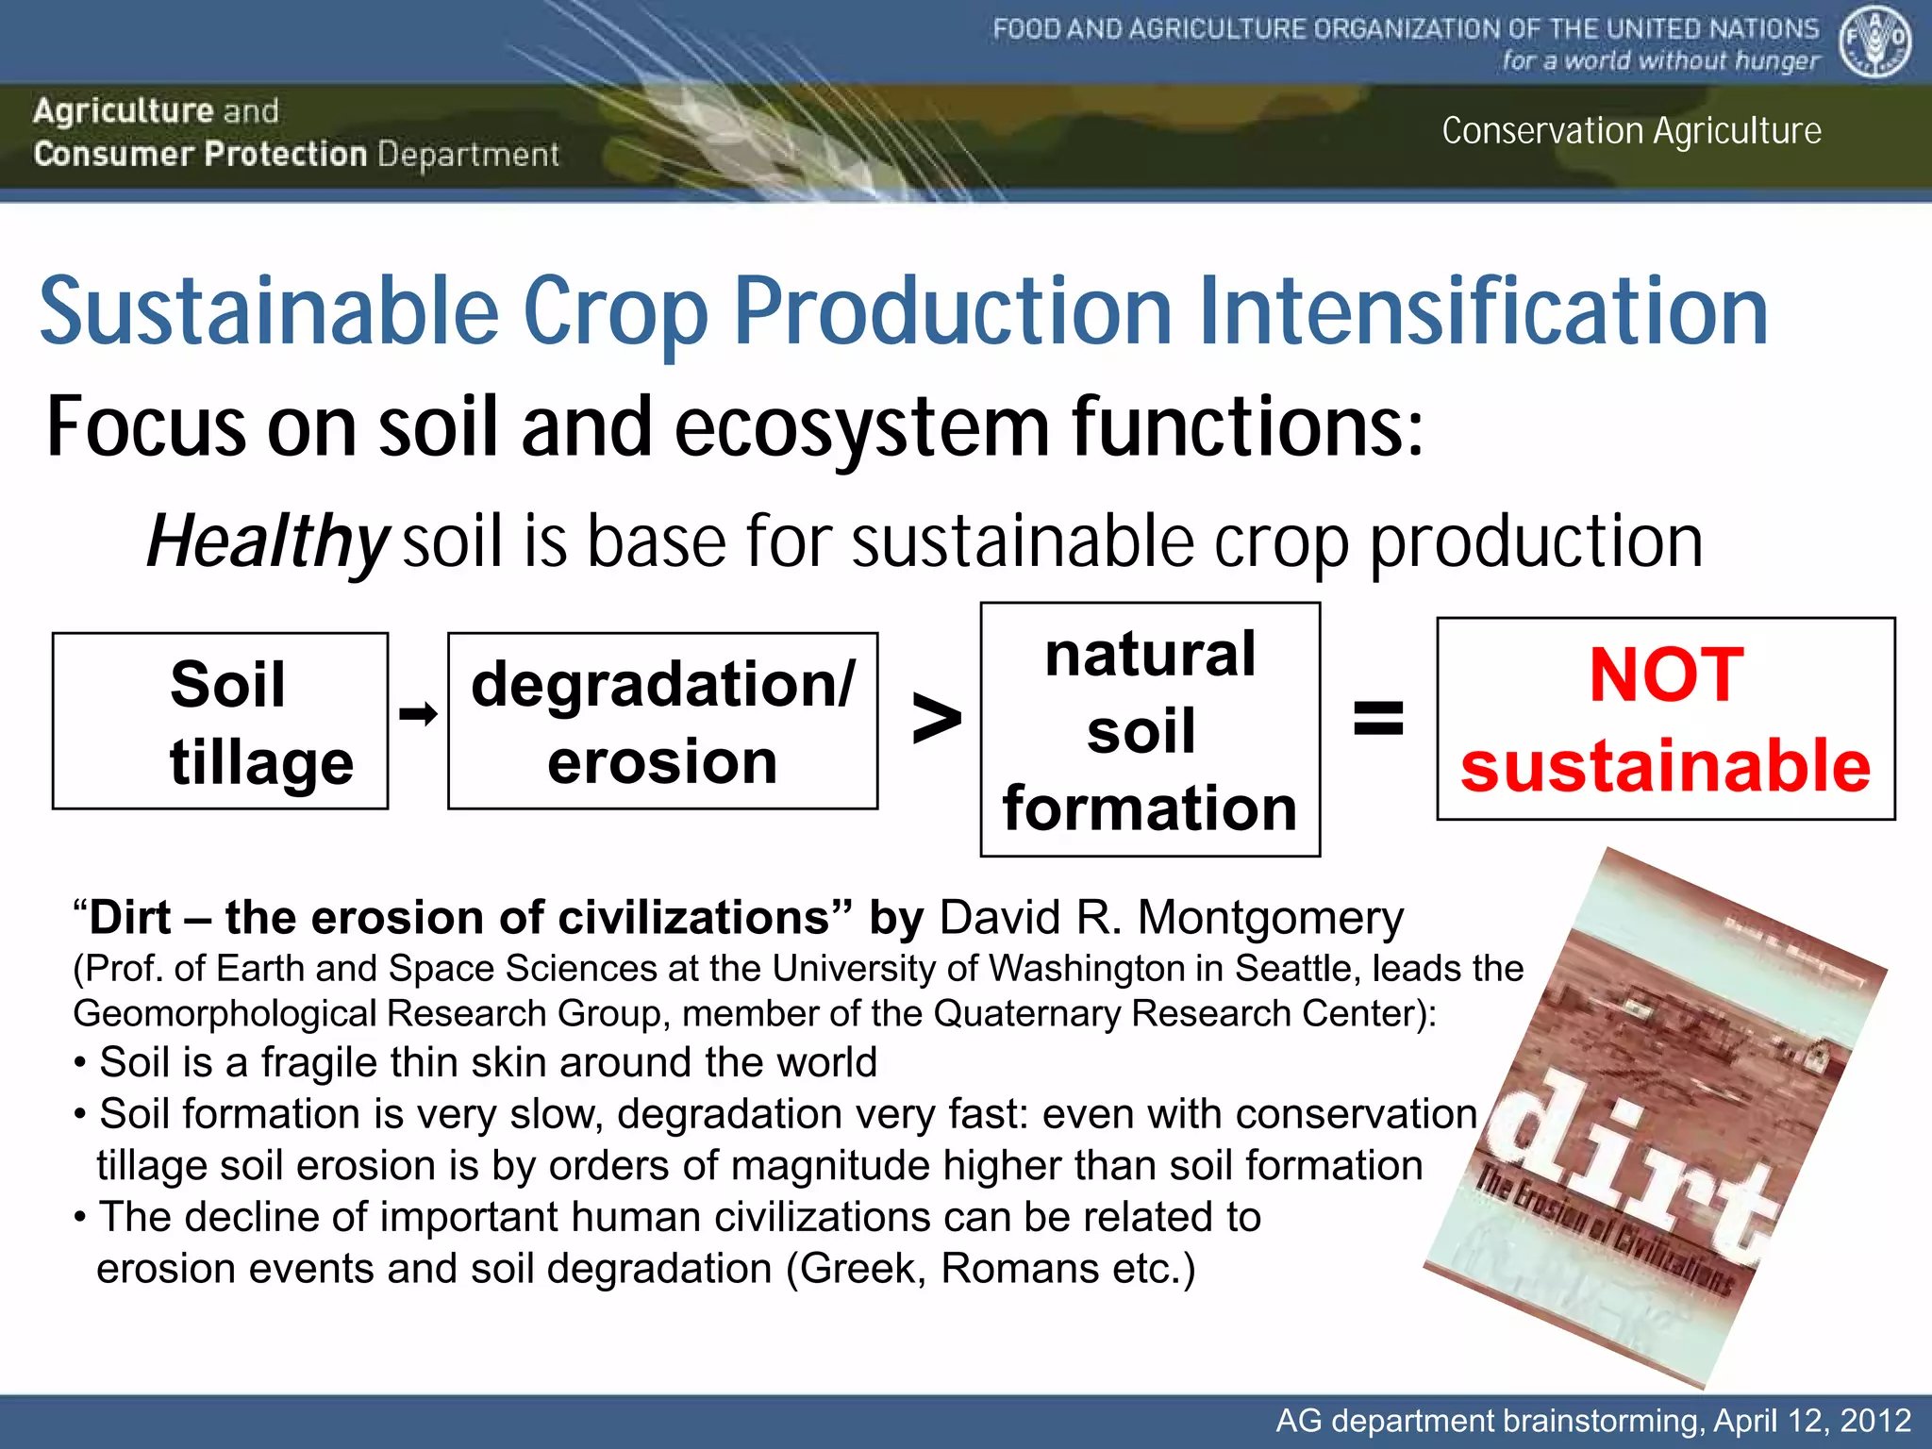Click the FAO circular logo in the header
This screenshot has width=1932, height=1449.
tap(1874, 42)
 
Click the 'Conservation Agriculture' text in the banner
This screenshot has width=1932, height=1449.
tap(1631, 130)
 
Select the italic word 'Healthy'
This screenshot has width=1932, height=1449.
tap(267, 541)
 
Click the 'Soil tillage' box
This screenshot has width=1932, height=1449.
tap(220, 721)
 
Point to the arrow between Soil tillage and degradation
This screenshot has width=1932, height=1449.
tap(418, 713)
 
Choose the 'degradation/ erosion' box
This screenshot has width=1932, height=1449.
tap(662, 721)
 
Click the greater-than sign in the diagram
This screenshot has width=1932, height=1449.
tap(936, 721)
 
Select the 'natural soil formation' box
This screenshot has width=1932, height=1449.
tap(1150, 729)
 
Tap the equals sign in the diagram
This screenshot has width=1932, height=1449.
tap(1378, 719)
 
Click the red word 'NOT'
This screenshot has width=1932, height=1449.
tap(1666, 675)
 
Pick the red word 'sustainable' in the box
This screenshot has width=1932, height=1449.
tap(1666, 765)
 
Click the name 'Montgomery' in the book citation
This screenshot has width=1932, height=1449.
tap(1270, 918)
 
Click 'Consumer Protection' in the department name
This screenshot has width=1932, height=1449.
tap(200, 154)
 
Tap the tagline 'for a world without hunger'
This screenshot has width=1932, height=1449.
tap(1660, 61)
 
